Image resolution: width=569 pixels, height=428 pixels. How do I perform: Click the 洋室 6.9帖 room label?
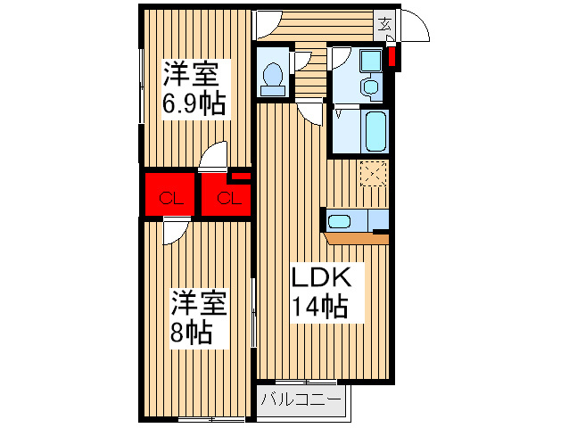(x=194, y=89)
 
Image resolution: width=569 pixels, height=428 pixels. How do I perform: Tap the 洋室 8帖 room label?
(x=199, y=317)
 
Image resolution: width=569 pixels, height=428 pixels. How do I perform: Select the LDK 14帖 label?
(x=321, y=292)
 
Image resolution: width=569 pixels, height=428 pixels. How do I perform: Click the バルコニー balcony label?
(x=301, y=399)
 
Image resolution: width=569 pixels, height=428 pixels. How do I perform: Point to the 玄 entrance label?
(x=384, y=25)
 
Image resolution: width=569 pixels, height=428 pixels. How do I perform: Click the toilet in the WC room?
(x=273, y=78)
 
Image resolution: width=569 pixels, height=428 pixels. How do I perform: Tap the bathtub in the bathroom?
(x=375, y=131)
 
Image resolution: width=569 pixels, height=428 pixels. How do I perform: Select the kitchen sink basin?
(x=339, y=221)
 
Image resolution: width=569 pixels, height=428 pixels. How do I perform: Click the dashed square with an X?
(x=374, y=173)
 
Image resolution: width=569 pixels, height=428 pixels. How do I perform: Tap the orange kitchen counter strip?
(x=357, y=238)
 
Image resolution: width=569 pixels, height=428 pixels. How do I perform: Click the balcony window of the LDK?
(x=306, y=382)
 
